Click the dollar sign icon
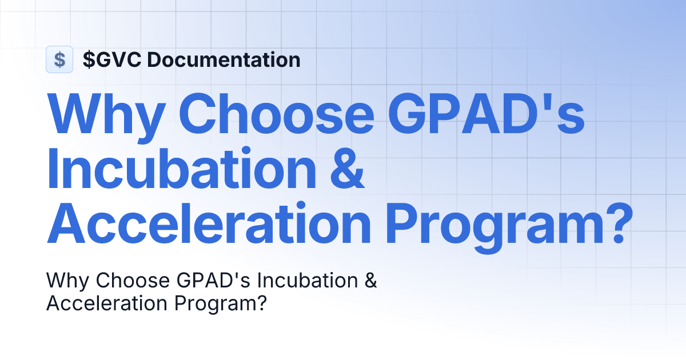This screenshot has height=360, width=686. click(59, 59)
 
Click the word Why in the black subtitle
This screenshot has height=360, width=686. click(69, 281)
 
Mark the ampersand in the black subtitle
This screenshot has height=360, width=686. click(370, 281)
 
